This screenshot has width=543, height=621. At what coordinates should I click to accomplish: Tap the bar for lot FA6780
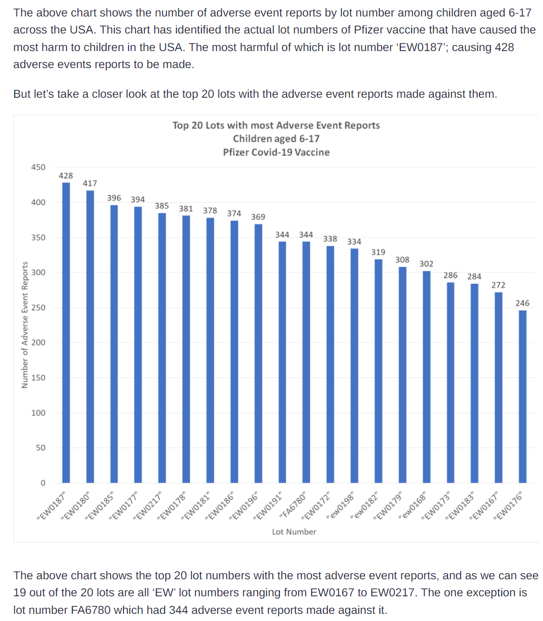tap(306, 362)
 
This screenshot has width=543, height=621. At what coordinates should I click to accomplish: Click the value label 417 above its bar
tap(90, 183)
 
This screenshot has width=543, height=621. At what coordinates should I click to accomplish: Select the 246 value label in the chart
tap(523, 303)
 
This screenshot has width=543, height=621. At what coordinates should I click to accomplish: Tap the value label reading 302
tap(426, 264)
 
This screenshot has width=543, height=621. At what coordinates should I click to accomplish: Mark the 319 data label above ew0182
tap(378, 252)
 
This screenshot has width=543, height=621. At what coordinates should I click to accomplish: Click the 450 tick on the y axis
tap(38, 167)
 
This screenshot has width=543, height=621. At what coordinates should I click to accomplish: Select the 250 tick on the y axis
tap(38, 308)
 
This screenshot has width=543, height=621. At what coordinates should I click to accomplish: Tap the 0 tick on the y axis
tap(42, 483)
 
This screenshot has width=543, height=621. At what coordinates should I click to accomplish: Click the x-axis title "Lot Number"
tap(294, 532)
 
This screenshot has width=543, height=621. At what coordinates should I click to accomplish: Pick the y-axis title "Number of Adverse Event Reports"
tap(24, 325)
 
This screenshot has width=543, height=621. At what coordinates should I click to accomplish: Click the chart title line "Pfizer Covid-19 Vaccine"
tap(276, 152)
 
